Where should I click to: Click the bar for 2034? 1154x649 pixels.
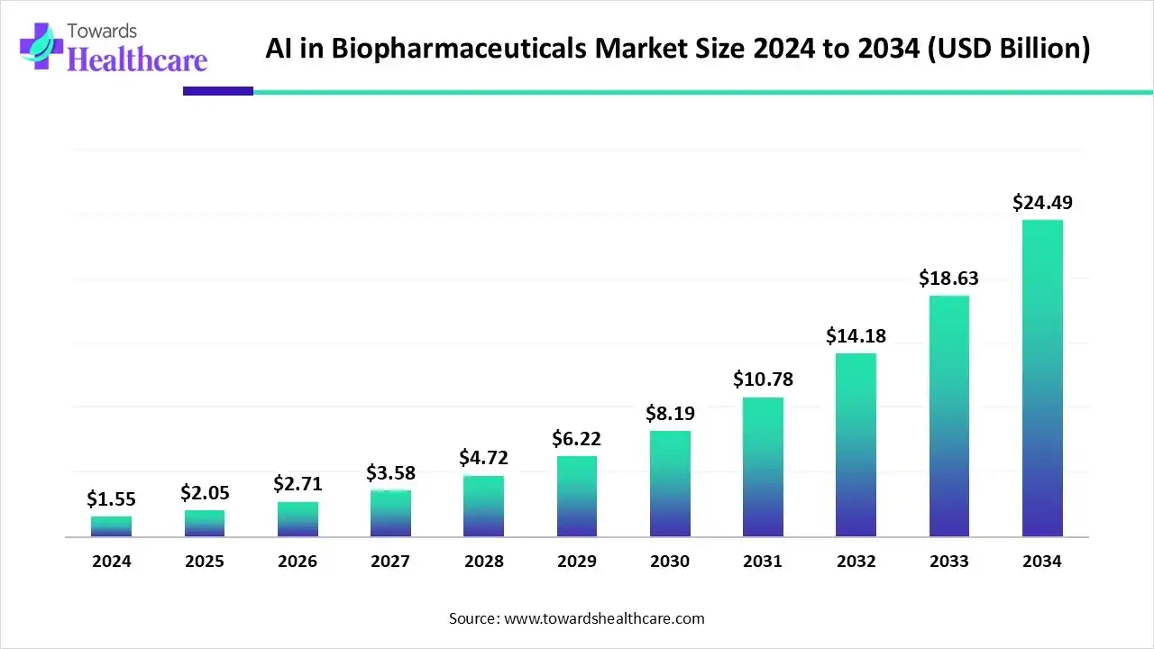coord(1042,379)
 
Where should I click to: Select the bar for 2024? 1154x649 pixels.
coord(111,526)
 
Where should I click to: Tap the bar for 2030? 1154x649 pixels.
coord(670,484)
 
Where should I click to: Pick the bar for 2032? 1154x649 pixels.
coord(856,445)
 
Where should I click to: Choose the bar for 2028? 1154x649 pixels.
coord(483,507)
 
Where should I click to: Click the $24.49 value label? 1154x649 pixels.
coord(1042,203)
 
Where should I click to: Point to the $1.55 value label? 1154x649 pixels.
coord(111,498)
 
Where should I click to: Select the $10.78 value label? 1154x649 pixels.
coord(763,379)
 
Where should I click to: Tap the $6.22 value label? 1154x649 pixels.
coord(576,439)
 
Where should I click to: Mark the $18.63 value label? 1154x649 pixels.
coord(948,279)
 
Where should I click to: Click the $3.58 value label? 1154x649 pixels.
coord(390,472)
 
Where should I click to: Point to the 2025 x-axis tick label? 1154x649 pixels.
coord(204,562)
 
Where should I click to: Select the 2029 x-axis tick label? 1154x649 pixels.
coord(576,562)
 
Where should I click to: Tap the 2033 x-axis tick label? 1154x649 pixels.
coord(948,562)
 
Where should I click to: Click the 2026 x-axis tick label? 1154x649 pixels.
coord(297,562)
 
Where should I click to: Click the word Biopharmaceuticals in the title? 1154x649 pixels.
coord(460,49)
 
